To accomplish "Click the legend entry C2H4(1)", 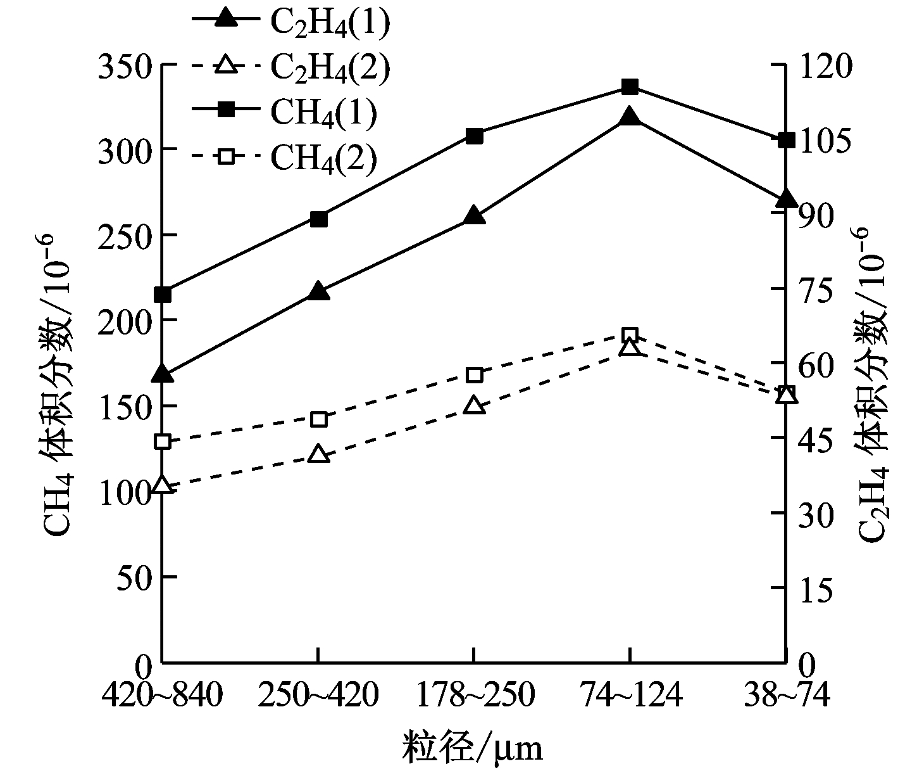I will (290, 20).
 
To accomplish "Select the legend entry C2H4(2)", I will (290, 66).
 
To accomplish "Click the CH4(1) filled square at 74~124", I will (630, 87).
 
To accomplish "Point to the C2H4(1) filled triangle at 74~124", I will (630, 117).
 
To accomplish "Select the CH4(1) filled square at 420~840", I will (163, 295).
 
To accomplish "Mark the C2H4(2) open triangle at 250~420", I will (318, 454).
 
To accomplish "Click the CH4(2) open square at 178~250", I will (475, 375).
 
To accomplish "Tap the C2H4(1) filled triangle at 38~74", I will (785, 198).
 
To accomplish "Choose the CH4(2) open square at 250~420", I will (319, 419).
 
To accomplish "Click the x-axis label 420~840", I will (163, 696).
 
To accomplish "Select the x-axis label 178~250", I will (475, 696).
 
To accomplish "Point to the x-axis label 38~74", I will (785, 696).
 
